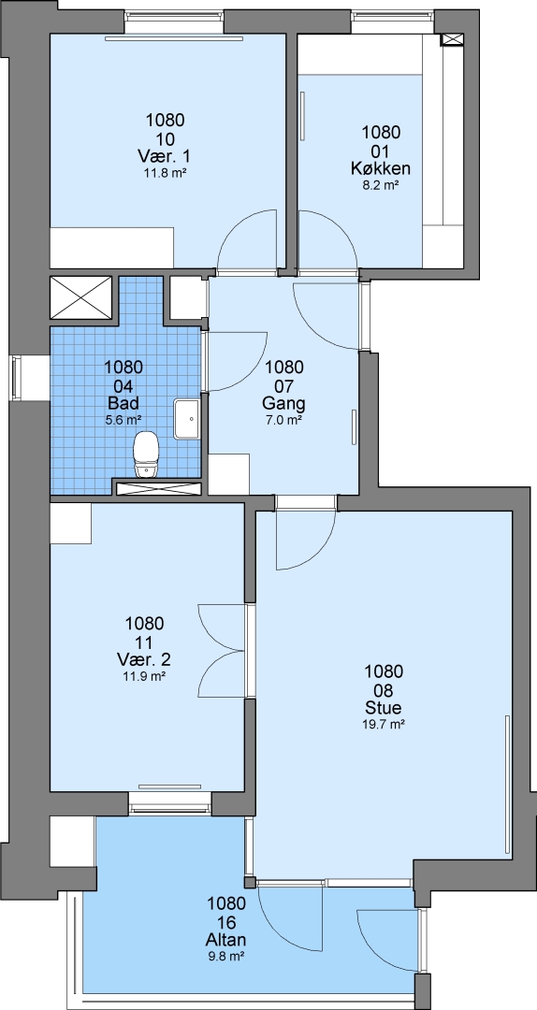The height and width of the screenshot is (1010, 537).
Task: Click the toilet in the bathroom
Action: coord(146,454)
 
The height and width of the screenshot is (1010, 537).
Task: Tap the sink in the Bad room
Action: coord(187,419)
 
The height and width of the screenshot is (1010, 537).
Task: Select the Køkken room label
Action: coord(381,168)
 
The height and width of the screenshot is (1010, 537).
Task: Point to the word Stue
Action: coord(384,708)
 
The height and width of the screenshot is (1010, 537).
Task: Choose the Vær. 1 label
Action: coord(165,156)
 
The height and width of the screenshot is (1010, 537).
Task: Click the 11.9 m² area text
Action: coord(145,677)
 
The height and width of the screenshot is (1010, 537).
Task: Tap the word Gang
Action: coord(283,404)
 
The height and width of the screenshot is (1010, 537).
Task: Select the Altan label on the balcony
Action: coord(226,940)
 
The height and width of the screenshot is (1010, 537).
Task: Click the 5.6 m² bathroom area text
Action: coord(123,420)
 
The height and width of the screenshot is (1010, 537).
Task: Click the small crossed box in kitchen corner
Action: coord(451,40)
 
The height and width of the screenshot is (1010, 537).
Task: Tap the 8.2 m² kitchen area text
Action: coord(381,185)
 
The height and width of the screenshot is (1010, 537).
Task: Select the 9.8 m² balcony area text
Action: coord(226,957)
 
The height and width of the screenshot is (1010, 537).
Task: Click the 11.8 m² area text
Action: coord(165,173)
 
